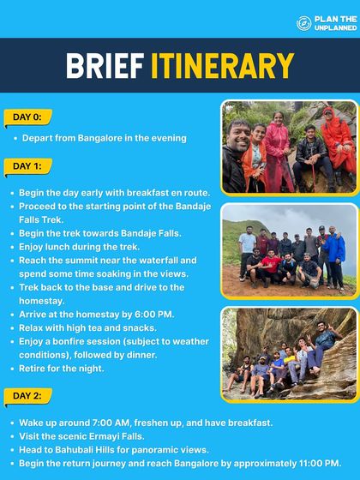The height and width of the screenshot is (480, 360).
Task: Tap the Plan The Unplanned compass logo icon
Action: (x=303, y=24)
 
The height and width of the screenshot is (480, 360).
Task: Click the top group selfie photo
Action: (x=288, y=147)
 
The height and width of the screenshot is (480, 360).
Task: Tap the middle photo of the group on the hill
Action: (x=288, y=250)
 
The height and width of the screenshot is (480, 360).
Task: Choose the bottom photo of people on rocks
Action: (x=288, y=353)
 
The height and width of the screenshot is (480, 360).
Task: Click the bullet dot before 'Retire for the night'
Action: (x=11, y=369)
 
